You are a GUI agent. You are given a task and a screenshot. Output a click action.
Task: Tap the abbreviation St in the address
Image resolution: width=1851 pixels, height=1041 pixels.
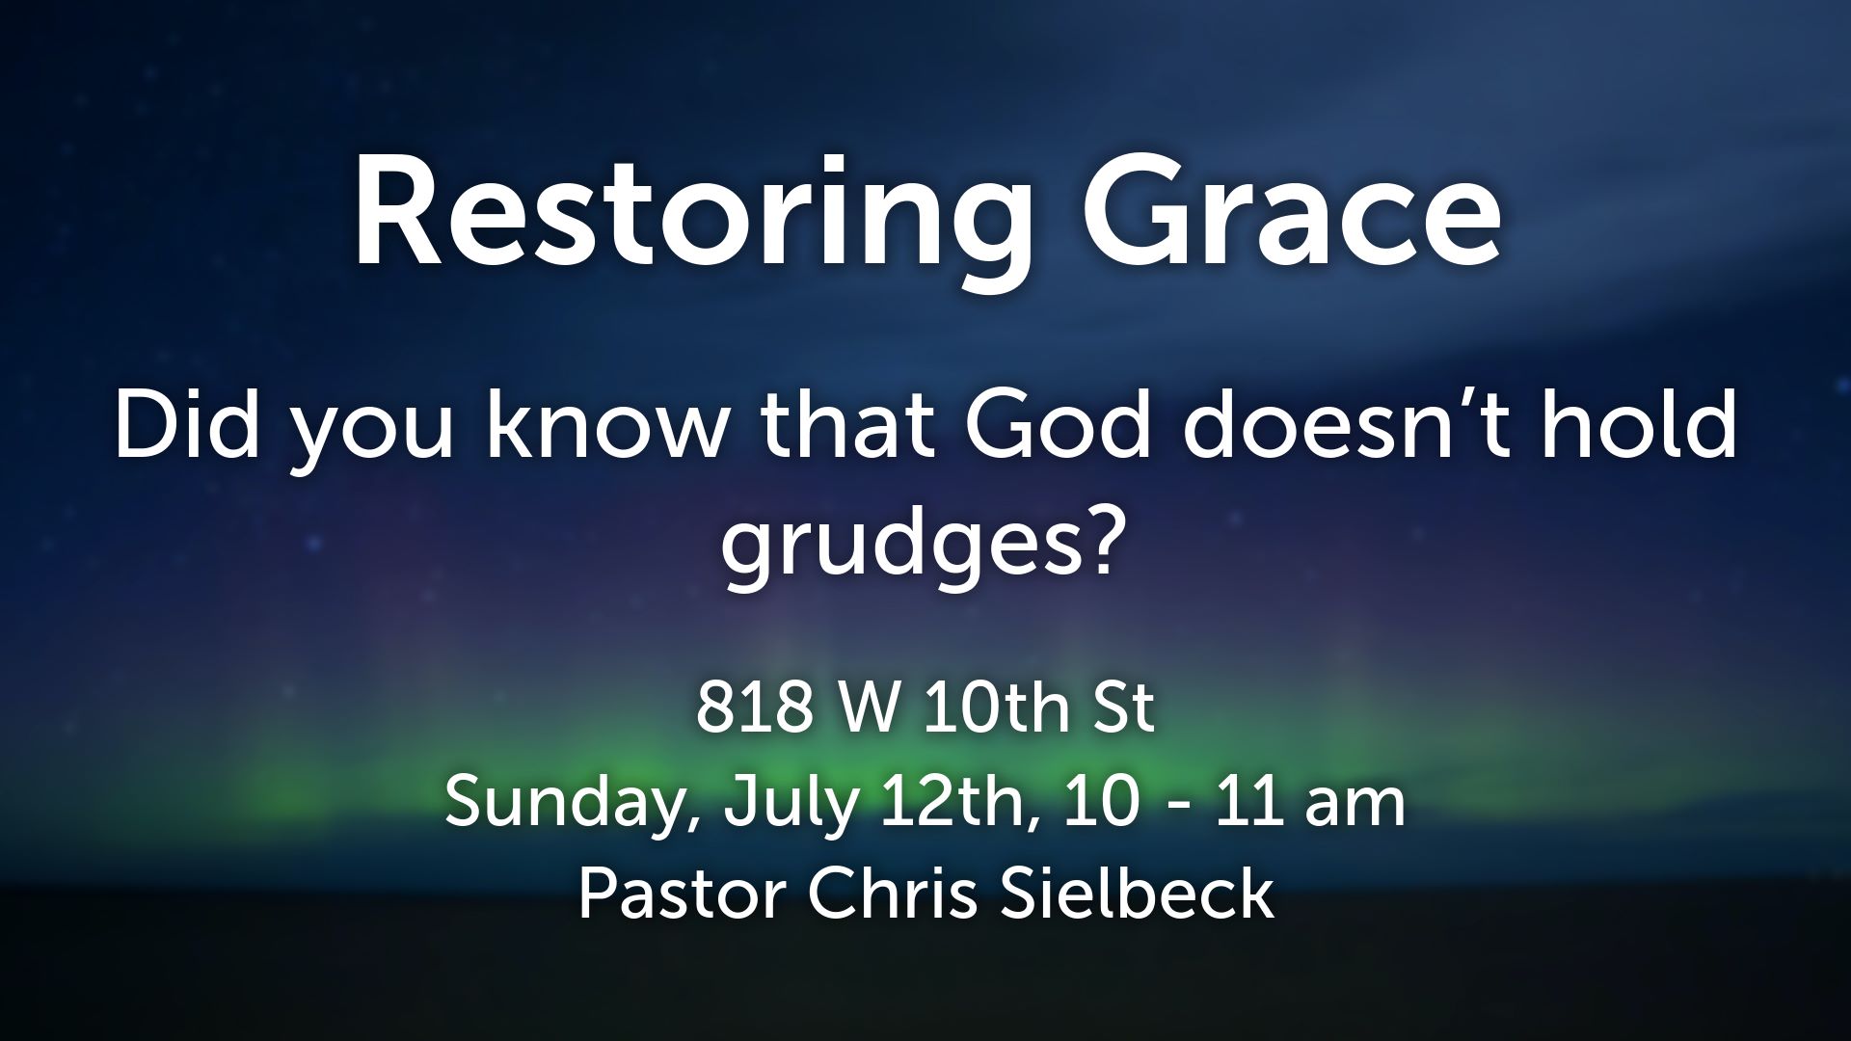point(1123,708)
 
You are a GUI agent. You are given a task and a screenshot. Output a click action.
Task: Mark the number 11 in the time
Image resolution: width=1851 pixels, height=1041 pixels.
point(1248,803)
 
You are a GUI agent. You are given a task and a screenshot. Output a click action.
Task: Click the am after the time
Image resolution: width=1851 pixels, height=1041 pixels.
point(1355,810)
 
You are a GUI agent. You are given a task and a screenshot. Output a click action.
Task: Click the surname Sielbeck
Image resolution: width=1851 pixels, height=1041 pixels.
point(1138,894)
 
